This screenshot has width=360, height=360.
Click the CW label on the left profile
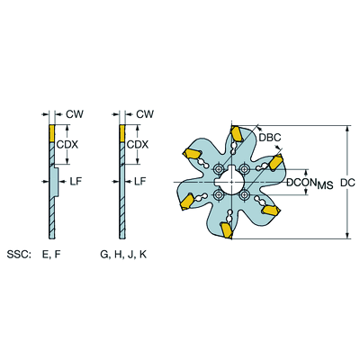tap(75, 114)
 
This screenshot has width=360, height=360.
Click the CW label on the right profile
tap(143, 114)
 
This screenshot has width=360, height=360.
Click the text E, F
tap(51, 255)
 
